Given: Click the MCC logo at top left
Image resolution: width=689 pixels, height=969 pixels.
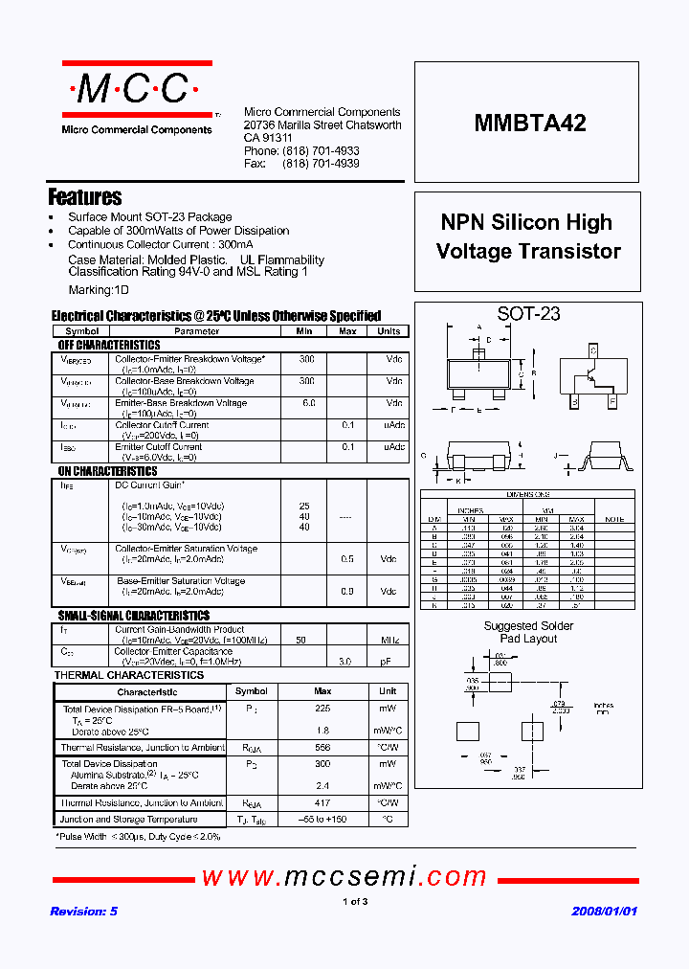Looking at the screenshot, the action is (131, 90).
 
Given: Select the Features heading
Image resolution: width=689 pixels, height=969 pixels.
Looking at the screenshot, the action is (85, 197).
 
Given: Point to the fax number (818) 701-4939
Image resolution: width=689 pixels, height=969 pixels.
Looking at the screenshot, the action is (321, 164).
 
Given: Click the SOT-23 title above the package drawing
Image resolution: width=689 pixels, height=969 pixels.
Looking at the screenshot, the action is (528, 313).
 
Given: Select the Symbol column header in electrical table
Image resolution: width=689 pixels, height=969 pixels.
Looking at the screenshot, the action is (81, 331).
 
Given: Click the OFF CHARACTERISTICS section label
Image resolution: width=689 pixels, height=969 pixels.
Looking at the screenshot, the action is (109, 345).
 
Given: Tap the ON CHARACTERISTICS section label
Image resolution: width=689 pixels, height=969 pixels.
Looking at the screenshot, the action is (107, 471).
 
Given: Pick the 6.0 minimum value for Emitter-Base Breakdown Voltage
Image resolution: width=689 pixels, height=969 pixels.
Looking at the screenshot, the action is (308, 403).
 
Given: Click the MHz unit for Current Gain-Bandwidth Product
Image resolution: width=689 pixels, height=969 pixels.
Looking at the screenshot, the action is (389, 639).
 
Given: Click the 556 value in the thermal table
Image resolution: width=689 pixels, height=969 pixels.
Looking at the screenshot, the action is (322, 747).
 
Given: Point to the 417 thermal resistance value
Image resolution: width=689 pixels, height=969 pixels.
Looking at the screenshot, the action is (322, 802).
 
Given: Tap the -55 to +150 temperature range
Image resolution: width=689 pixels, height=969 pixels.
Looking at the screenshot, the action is (322, 820).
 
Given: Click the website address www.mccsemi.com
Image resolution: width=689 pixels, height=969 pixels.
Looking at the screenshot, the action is (344, 876).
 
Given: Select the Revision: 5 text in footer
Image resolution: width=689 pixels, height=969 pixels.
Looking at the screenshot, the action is (83, 912).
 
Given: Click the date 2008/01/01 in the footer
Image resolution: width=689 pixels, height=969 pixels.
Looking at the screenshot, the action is (604, 912).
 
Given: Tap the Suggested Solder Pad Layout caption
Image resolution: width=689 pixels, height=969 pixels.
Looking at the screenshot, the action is (528, 632).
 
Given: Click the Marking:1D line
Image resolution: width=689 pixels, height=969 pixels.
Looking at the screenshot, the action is (99, 289).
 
